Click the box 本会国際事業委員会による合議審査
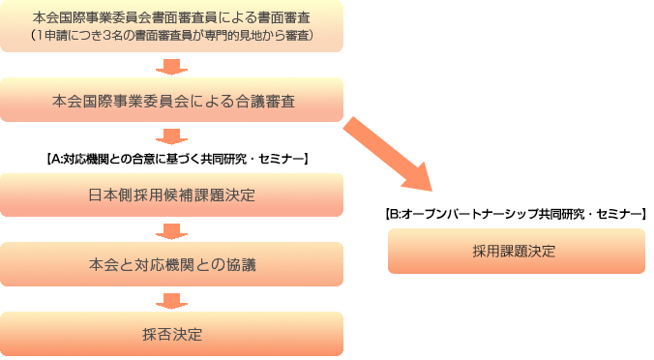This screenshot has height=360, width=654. [172, 100]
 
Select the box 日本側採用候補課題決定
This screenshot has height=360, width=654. [172, 195]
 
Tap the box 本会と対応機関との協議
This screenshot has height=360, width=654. [172, 263]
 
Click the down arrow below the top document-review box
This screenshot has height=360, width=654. [172, 67]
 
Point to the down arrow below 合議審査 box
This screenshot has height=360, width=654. [172, 135]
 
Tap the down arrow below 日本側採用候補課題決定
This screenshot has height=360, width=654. [172, 230]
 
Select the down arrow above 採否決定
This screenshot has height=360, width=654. [172, 299]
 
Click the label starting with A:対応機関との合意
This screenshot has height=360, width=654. [177, 157]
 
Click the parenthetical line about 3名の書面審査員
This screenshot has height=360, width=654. [172, 37]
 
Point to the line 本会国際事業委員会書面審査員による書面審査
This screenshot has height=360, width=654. [172, 17]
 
